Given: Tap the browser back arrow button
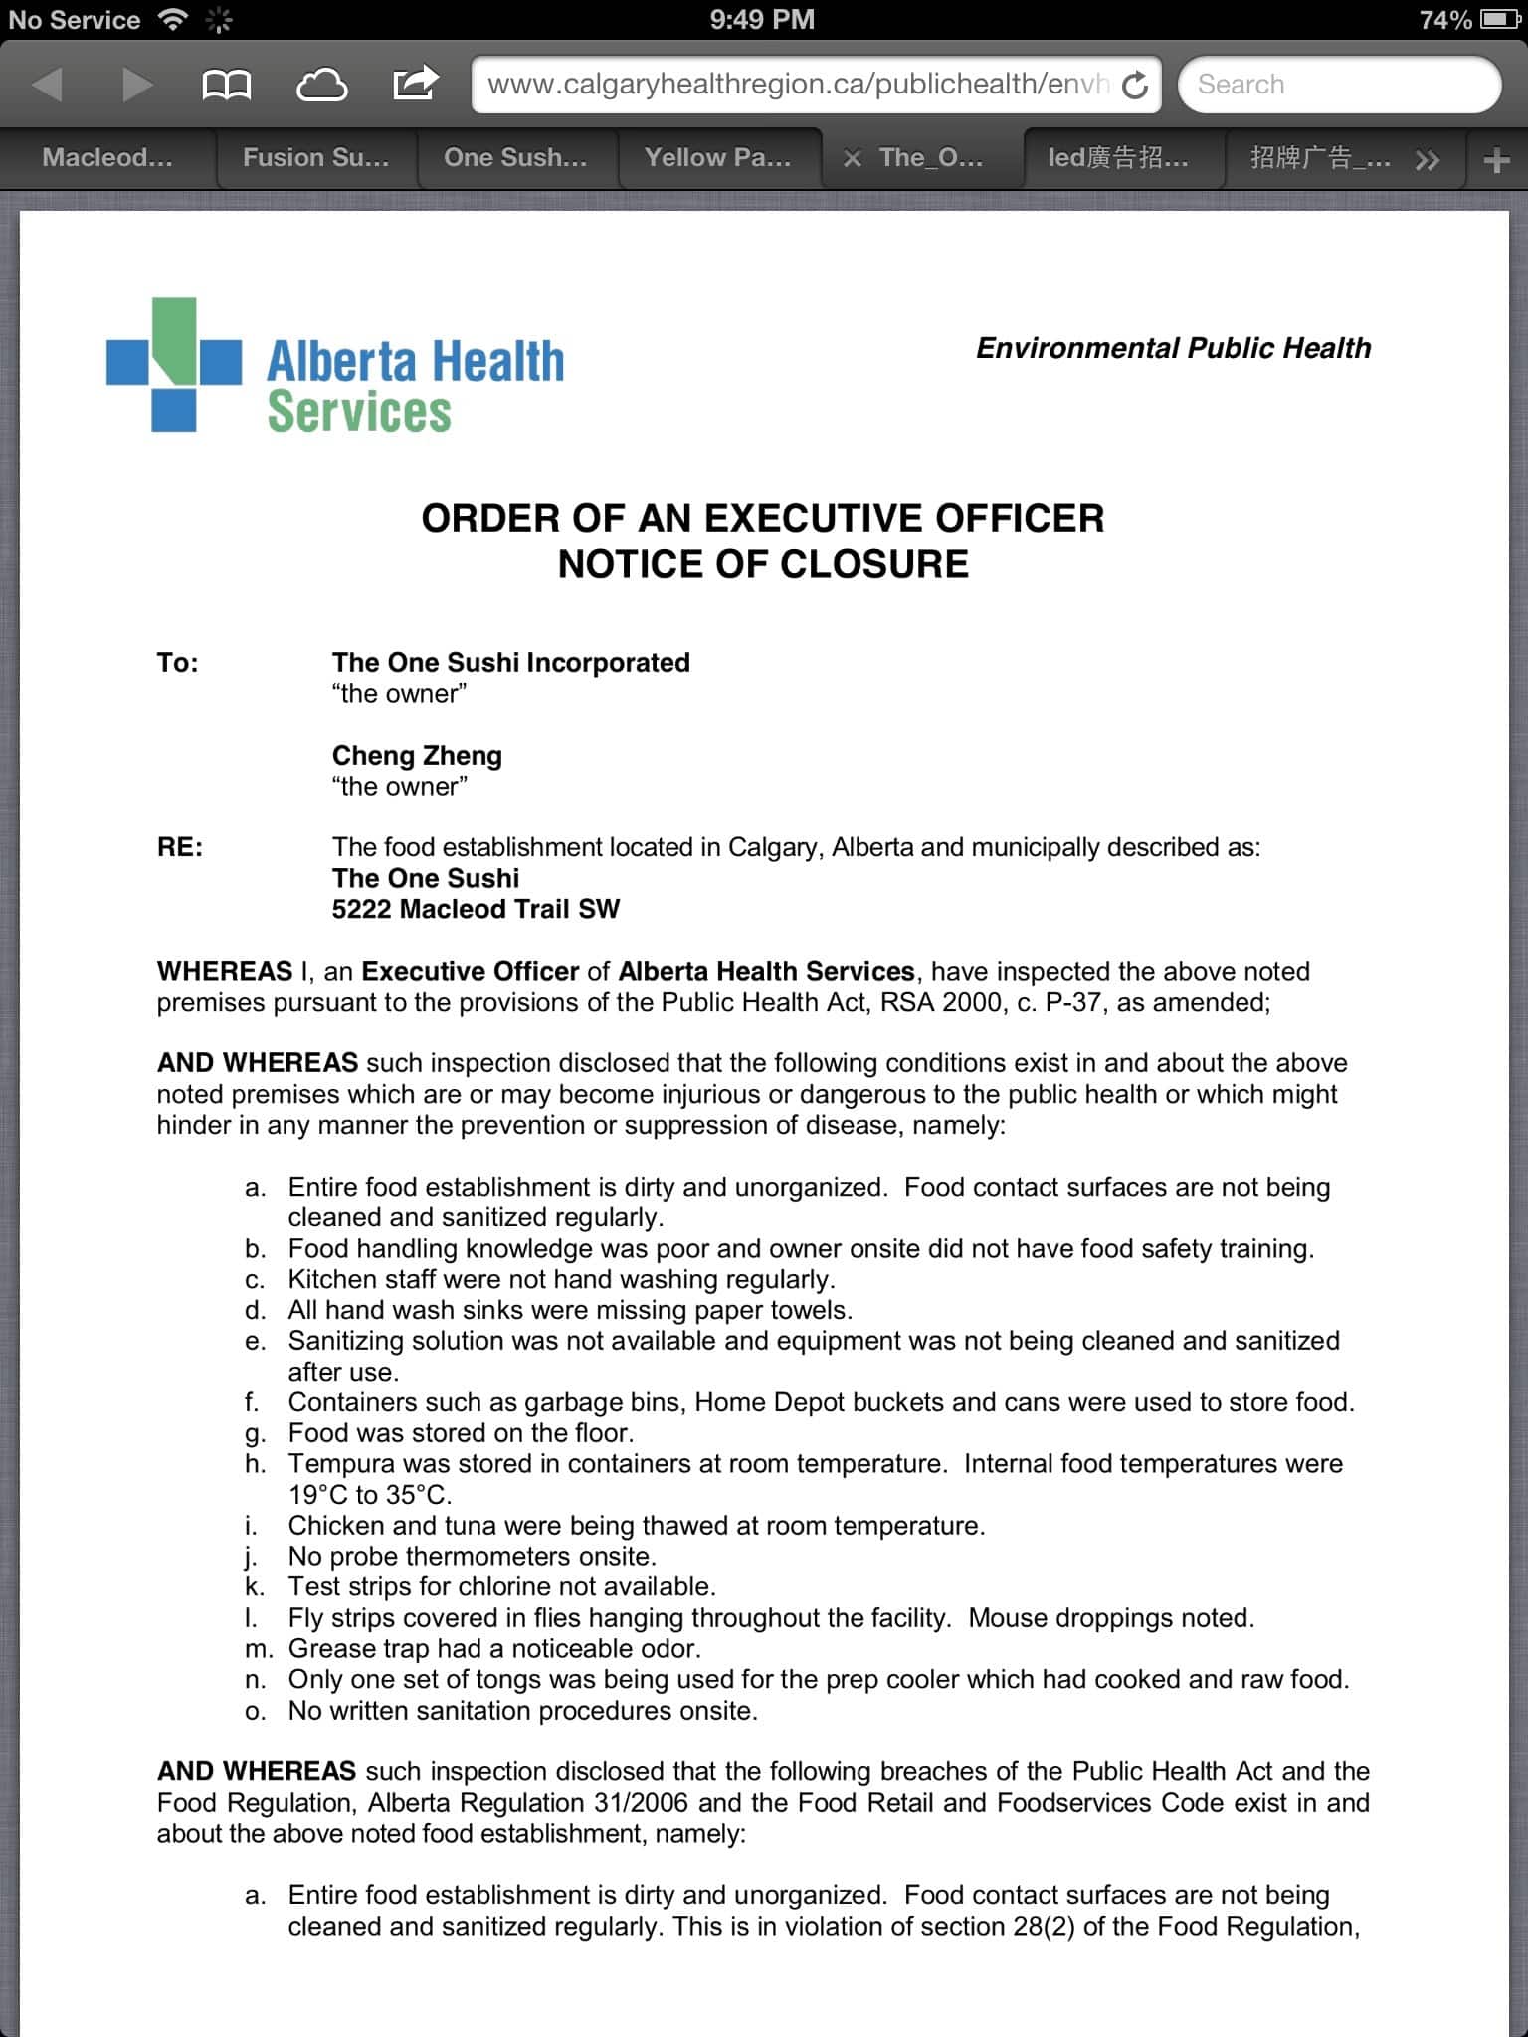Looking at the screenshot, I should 47,85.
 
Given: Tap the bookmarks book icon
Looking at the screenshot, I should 226,85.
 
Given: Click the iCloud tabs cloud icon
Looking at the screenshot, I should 321,85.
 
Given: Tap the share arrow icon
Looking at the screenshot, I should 415,83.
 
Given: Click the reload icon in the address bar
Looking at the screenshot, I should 1134,86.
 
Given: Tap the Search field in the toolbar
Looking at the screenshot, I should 1338,85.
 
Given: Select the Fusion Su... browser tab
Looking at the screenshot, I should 316,158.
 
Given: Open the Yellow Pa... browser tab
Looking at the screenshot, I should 717,158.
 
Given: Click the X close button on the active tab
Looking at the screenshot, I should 852,158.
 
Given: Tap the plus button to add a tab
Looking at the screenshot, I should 1496,160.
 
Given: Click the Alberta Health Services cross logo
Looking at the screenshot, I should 173,364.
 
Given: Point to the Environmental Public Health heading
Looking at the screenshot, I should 1173,348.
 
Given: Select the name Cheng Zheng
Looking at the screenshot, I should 417,755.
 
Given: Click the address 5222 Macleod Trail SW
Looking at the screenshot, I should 476,909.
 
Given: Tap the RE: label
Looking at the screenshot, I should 180,847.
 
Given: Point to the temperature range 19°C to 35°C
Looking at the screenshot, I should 369,1495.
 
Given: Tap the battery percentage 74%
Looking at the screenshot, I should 1444,20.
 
